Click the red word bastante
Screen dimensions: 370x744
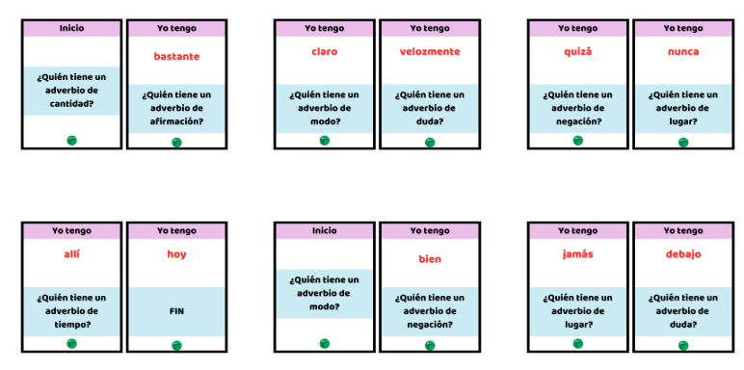point(176,57)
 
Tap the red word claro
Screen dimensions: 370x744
point(324,52)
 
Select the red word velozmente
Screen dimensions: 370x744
point(429,52)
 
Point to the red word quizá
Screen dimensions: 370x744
point(577,52)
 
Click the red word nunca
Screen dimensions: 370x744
point(682,52)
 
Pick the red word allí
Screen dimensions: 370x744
point(71,254)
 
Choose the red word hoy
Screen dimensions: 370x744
point(176,254)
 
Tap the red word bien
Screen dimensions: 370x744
point(429,259)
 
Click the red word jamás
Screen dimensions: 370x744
point(577,254)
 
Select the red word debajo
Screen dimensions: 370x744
point(682,254)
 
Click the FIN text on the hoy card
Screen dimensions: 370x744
point(176,311)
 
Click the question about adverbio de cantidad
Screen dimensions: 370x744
point(71,91)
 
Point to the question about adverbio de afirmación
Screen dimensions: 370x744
point(176,108)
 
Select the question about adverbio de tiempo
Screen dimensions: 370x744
point(71,310)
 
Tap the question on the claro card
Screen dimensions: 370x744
point(324,108)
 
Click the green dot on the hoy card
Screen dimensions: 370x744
point(176,345)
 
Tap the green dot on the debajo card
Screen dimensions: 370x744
point(683,345)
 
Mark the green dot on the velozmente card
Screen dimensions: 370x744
point(430,142)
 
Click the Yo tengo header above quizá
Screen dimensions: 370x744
point(577,29)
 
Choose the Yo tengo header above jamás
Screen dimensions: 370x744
point(577,231)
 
